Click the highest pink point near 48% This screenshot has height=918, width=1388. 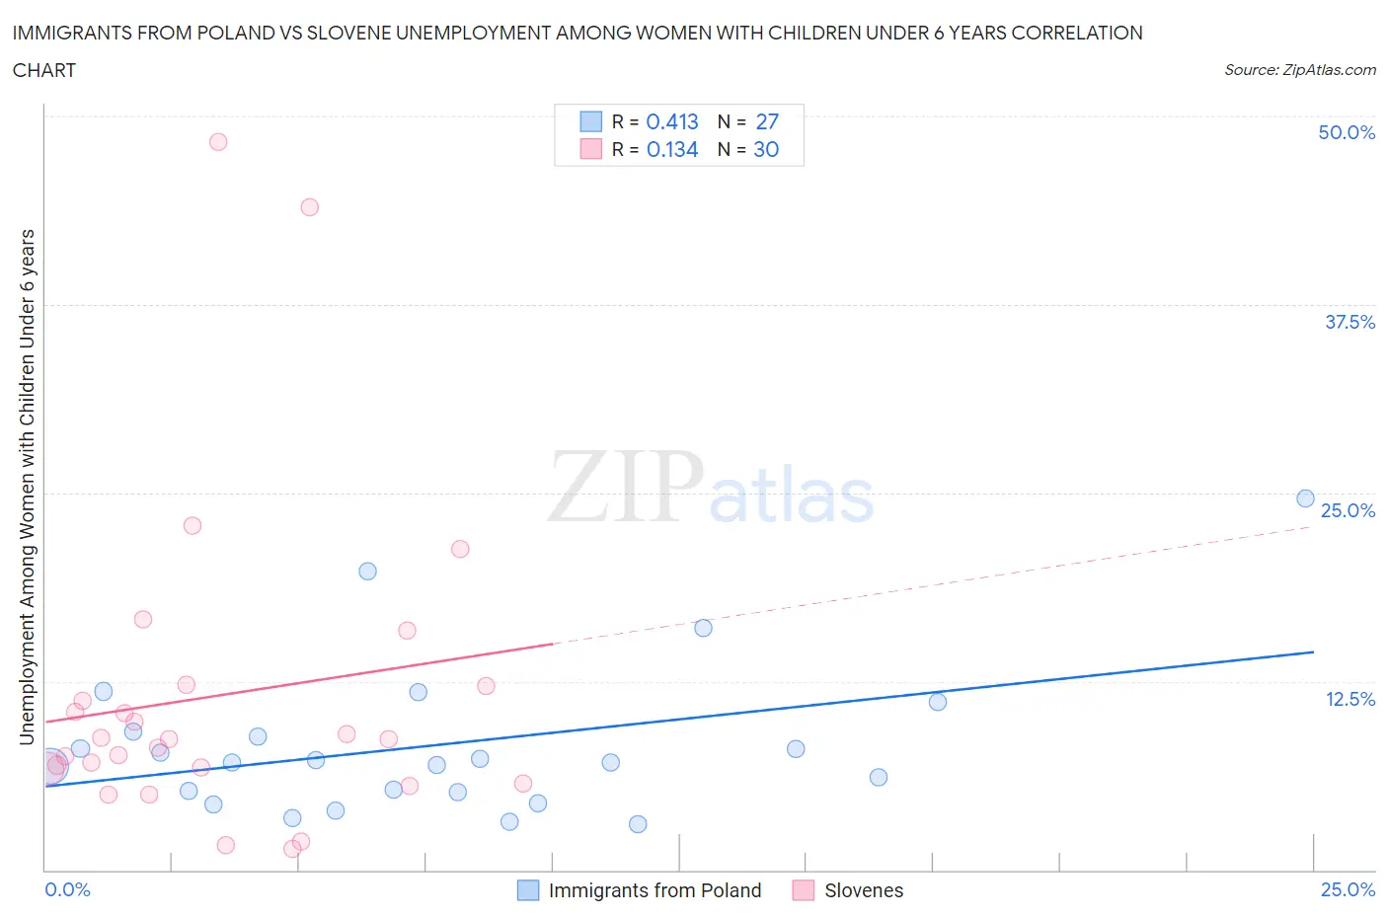[218, 142]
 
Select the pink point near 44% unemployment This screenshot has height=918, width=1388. [309, 207]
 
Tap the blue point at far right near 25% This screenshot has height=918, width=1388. [1305, 498]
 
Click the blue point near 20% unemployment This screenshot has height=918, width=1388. [367, 572]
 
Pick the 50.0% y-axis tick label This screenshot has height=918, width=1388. [1347, 132]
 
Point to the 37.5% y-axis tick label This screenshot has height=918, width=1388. [1349, 322]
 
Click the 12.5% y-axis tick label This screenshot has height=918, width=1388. [1349, 699]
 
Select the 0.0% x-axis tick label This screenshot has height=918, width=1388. [67, 889]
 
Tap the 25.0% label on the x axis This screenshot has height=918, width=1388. [1348, 889]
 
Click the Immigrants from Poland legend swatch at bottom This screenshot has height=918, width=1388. [528, 890]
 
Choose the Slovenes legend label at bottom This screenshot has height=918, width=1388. [864, 890]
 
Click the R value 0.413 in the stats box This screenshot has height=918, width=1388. [671, 121]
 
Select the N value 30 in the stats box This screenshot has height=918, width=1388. [766, 149]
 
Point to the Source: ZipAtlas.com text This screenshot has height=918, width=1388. [1299, 70]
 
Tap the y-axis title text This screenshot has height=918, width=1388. [27, 488]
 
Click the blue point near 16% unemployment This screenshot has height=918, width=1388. [703, 628]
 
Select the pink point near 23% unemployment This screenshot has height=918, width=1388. [193, 525]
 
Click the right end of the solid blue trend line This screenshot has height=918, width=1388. [1313, 652]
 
